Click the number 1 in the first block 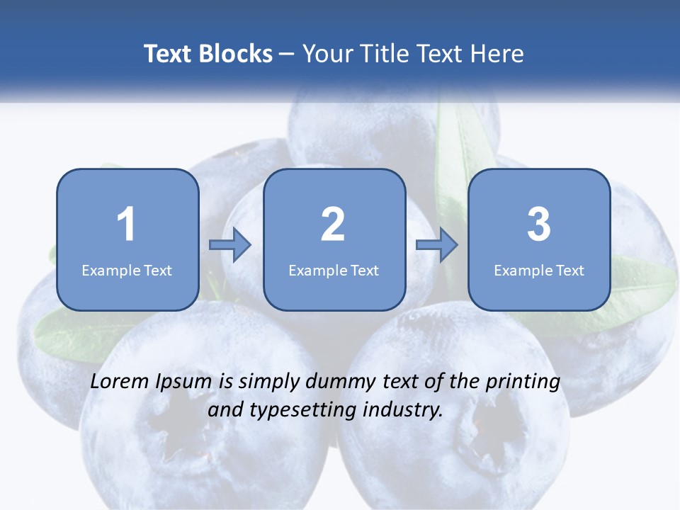point(126,225)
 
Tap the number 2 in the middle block point(333,225)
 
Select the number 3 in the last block point(539,225)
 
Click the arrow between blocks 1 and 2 point(230,245)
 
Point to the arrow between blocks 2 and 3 point(437,245)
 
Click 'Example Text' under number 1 point(127,271)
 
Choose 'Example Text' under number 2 point(334,271)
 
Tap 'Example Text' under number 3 point(539,271)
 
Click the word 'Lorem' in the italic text point(120,382)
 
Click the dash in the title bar point(287,54)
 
